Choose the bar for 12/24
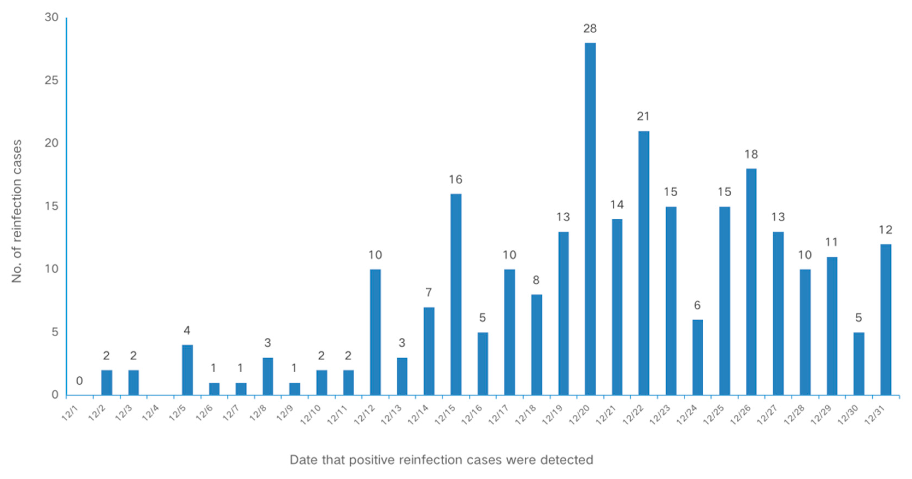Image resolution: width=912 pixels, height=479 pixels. click(x=698, y=357)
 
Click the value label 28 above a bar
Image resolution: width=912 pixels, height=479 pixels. click(x=590, y=29)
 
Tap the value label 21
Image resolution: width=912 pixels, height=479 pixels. click(x=643, y=116)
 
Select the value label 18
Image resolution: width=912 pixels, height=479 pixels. click(x=751, y=154)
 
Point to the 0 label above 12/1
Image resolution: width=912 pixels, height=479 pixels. click(x=79, y=381)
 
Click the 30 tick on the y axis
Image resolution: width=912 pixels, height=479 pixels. click(x=52, y=17)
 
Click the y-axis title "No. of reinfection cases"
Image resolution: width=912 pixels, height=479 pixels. click(x=17, y=211)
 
